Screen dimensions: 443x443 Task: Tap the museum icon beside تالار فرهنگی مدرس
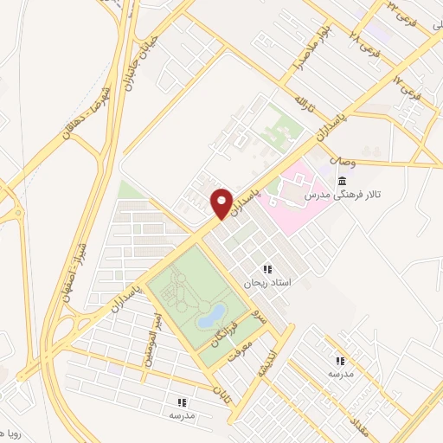pos(343,181)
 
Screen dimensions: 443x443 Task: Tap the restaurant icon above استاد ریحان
pos(267,269)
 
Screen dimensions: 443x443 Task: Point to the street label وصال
pos(342,162)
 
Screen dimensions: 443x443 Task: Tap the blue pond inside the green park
pos(212,316)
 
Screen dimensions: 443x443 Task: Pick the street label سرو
pos(254,315)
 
